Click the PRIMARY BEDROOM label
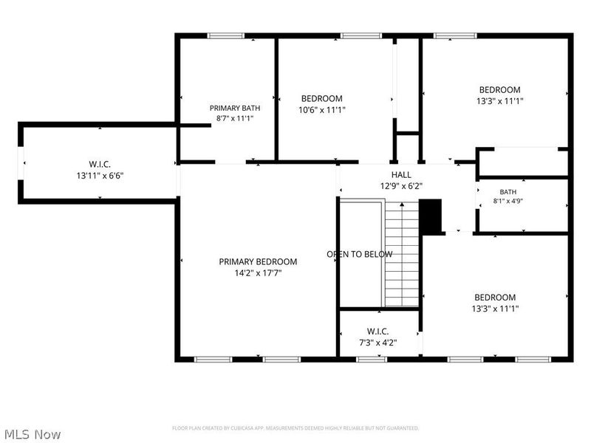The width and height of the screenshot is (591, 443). pos(258,261)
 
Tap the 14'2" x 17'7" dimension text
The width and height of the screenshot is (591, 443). pos(258,272)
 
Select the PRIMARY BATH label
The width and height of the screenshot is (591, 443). pos(235,108)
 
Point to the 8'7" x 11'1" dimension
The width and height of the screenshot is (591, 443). pos(235,118)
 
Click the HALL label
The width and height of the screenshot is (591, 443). pos(401,175)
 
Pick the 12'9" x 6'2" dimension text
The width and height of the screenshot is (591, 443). pos(401,186)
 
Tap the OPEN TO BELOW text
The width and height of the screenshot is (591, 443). pos(360,254)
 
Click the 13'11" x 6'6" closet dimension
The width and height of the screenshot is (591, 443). pos(100,176)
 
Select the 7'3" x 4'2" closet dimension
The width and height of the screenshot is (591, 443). pos(378,343)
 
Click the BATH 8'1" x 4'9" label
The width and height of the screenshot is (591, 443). pos(508,196)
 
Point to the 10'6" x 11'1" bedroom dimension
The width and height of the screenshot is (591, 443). pos(322,110)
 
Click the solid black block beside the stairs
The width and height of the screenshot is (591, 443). pos(431,216)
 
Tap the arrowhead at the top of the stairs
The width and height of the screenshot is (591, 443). pos(402,205)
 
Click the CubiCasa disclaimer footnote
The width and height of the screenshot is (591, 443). pos(295,428)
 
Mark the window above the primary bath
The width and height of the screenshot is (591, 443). pos(226,35)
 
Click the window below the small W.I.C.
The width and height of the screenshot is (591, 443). pos(372,360)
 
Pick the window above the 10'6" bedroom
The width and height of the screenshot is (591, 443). pos(361,35)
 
